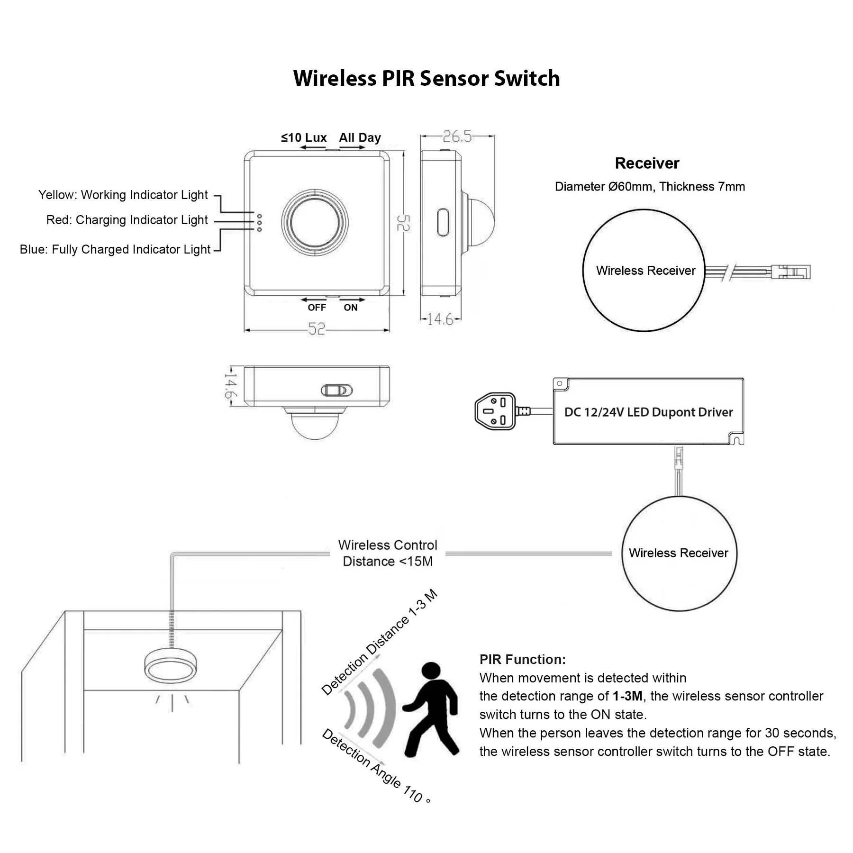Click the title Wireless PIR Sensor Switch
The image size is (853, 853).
click(426, 78)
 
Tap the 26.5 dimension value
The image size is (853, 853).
click(457, 136)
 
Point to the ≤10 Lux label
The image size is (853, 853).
click(304, 138)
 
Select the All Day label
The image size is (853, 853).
click(360, 138)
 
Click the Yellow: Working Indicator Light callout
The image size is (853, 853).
click(123, 195)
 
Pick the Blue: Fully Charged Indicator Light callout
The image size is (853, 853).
click(115, 249)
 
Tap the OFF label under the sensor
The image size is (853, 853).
click(317, 308)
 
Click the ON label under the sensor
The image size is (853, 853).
click(351, 308)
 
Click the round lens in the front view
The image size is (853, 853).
click(315, 222)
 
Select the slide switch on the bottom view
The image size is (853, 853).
click(337, 390)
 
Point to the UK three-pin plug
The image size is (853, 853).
click(496, 411)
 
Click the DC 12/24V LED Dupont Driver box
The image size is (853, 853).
click(648, 412)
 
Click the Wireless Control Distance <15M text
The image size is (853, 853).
click(388, 553)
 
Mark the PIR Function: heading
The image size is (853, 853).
click(522, 659)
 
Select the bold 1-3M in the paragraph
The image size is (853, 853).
click(627, 696)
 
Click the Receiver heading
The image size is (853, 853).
click(647, 163)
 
